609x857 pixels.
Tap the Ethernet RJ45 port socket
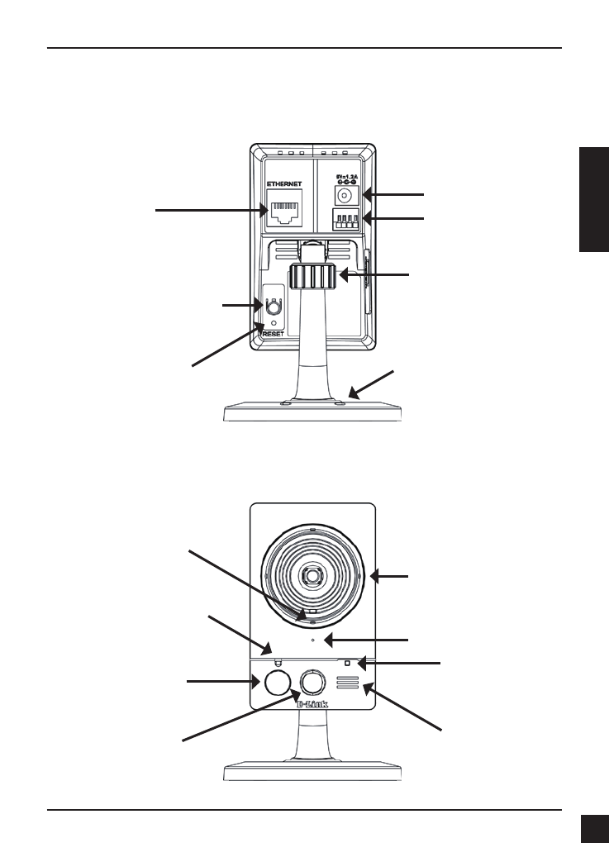point(285,211)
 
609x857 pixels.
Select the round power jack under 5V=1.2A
point(345,196)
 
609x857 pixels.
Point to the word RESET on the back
point(273,334)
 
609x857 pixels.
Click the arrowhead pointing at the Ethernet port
point(263,211)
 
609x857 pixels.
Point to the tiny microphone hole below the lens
point(312,640)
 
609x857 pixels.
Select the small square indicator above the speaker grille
point(347,663)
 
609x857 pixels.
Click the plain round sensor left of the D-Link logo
point(278,682)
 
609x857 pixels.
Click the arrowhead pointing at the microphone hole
point(327,640)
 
